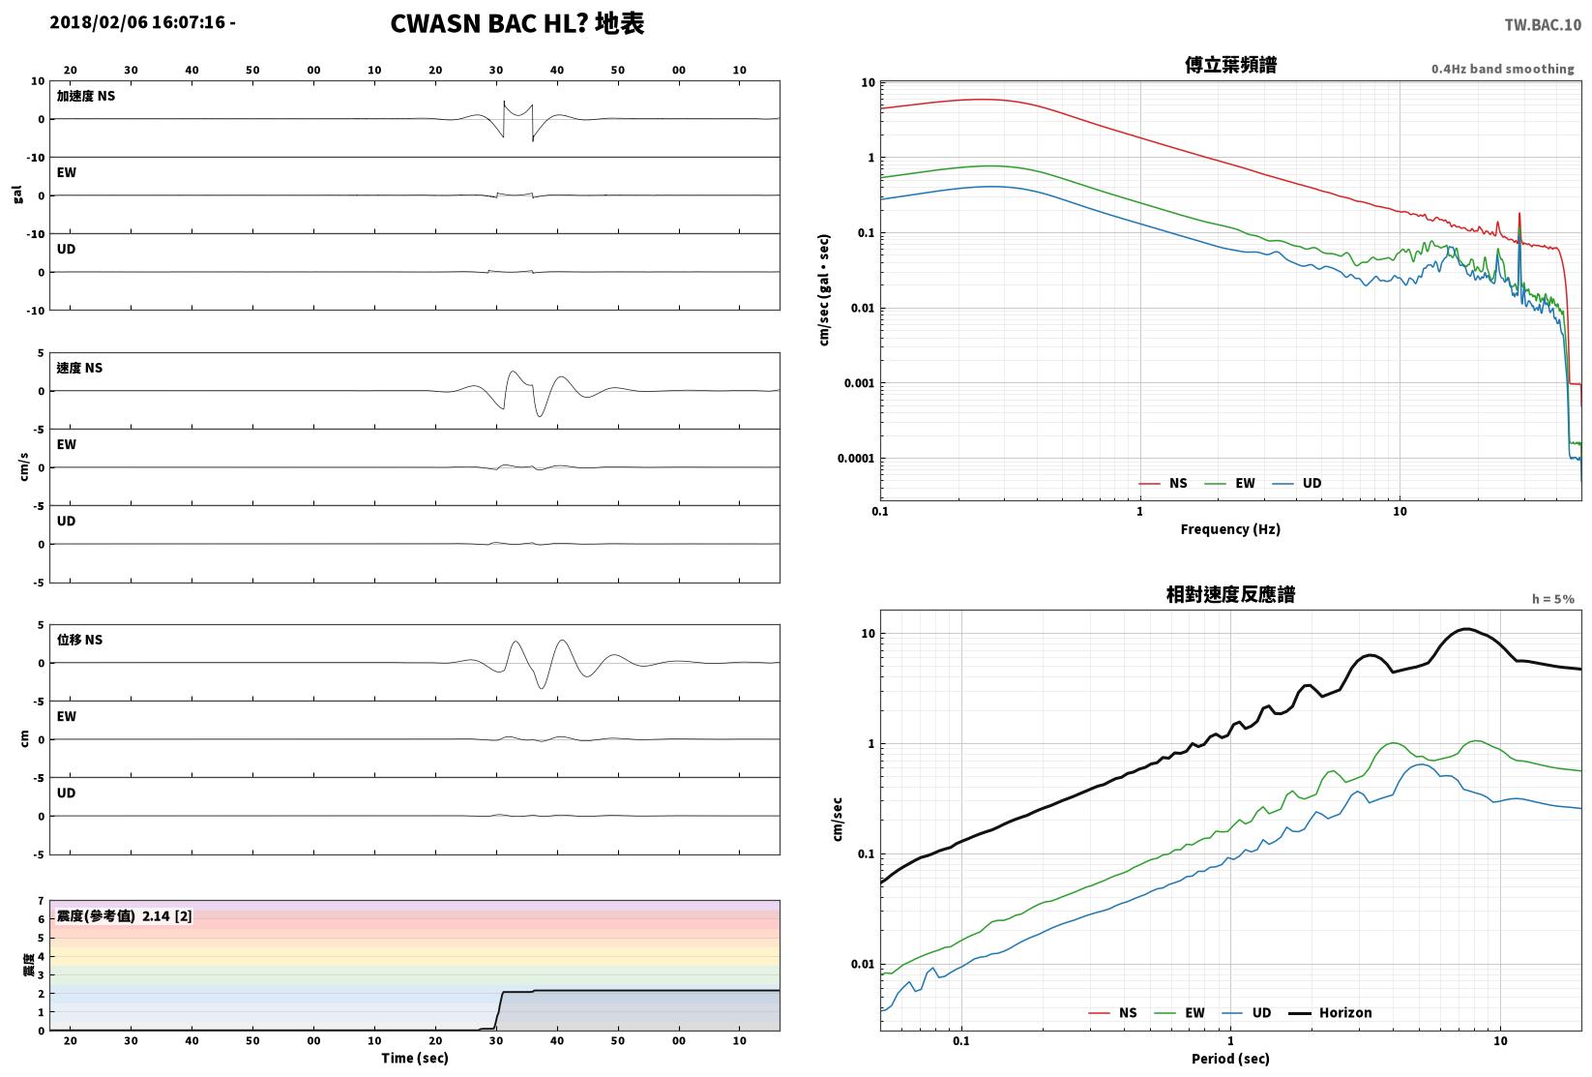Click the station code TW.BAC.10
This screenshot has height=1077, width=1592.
[1543, 25]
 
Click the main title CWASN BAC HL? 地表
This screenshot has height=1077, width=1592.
[516, 23]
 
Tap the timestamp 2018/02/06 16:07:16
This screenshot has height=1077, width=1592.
[137, 22]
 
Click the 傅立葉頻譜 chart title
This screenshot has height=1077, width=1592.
[1230, 65]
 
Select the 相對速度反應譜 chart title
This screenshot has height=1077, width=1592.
[1230, 594]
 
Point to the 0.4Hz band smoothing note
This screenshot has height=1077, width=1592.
[1502, 69]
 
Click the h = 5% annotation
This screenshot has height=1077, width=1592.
[1553, 599]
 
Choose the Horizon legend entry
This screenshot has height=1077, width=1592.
[1331, 1012]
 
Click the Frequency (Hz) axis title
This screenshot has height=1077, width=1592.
[1230, 529]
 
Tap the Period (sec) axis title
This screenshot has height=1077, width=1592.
[1230, 1059]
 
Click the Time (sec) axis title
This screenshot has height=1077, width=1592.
[415, 1058]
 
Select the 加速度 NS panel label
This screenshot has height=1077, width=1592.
[86, 96]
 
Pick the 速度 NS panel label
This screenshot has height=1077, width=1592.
[79, 368]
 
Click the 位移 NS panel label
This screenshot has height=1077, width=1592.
[79, 640]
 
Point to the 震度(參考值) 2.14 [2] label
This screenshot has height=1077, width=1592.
[125, 915]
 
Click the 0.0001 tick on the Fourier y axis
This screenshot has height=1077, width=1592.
[856, 459]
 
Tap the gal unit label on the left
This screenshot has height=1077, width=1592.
[17, 194]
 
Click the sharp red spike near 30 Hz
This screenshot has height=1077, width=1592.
[1519, 213]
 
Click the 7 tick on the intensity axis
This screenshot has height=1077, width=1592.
[42, 901]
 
